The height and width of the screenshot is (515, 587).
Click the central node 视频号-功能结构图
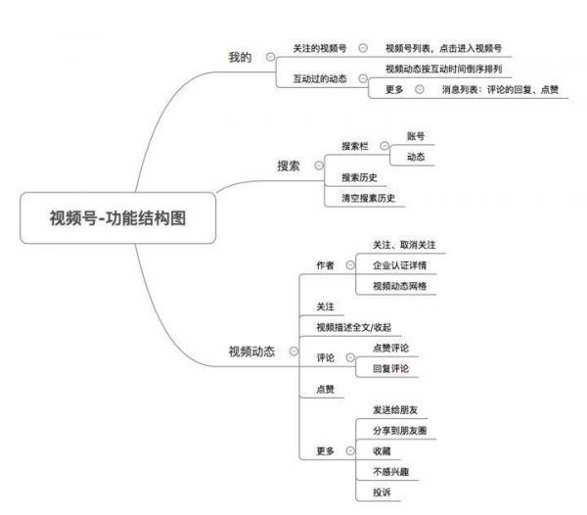point(118,218)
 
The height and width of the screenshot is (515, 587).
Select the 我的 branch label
point(240,58)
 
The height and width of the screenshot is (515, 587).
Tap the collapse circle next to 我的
point(270,58)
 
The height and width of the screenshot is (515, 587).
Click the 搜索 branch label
point(289,165)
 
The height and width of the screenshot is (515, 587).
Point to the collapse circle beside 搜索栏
point(384,146)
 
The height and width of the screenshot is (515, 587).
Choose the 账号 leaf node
point(416,136)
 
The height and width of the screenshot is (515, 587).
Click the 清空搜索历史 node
point(369,198)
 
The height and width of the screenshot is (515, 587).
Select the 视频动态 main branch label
point(251,351)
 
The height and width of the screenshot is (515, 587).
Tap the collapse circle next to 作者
point(350,265)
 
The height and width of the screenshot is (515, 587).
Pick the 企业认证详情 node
point(400,265)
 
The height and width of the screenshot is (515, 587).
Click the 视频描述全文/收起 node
point(354,327)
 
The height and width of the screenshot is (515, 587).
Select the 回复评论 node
point(390,368)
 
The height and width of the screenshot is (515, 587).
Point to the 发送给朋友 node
point(395,410)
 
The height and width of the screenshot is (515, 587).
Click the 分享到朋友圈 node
point(400,431)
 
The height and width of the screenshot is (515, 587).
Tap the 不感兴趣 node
point(390,472)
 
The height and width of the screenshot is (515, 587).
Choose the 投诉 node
point(382,492)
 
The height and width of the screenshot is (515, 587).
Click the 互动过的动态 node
point(320,78)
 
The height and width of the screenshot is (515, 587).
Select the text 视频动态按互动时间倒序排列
point(444,69)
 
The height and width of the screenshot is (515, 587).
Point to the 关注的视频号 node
point(320,48)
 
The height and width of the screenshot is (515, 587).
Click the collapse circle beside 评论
point(350,357)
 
